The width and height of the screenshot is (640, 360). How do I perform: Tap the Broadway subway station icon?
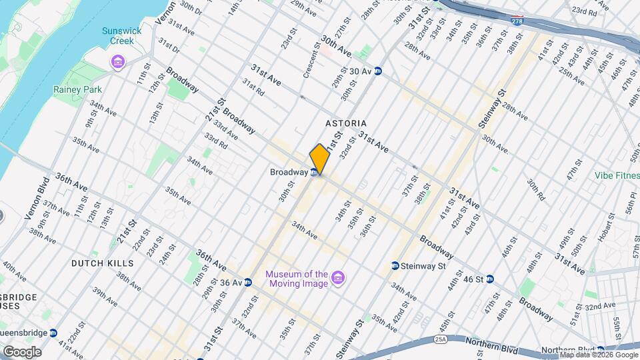pyautogui.click(x=313, y=173)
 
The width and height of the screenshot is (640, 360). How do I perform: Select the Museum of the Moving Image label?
pyautogui.click(x=297, y=279)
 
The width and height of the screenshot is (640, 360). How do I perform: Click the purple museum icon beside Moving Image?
pyautogui.click(x=337, y=277)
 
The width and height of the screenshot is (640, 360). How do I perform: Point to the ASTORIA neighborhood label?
pyautogui.click(x=346, y=123)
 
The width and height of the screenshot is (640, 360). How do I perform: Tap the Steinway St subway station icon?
pyautogui.click(x=395, y=266)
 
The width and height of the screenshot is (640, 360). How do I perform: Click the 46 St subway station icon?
pyautogui.click(x=489, y=279)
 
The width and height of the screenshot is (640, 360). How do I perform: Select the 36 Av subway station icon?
pyautogui.click(x=247, y=282)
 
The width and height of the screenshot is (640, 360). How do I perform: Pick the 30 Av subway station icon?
pyautogui.click(x=378, y=71)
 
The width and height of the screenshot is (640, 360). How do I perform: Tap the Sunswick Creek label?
pyautogui.click(x=118, y=36)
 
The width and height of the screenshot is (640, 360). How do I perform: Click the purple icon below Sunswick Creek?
pyautogui.click(x=118, y=62)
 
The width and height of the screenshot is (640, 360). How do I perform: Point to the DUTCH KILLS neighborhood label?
pyautogui.click(x=103, y=263)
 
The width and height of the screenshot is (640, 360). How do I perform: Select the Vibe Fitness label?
pyautogui.click(x=617, y=176)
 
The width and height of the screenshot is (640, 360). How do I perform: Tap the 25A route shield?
pyautogui.click(x=441, y=340)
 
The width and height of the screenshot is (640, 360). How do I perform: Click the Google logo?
pyautogui.click(x=21, y=352)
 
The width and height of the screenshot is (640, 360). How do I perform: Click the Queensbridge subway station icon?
pyautogui.click(x=53, y=333)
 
